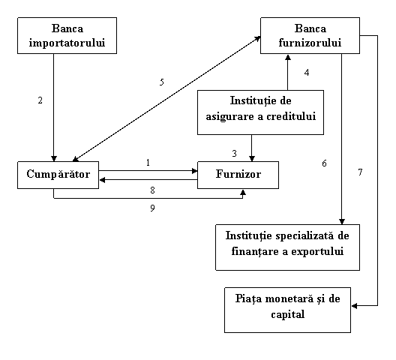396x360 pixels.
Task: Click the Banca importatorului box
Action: click(x=67, y=35)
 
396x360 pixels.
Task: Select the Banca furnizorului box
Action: click(x=310, y=35)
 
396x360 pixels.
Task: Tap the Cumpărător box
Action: click(x=58, y=175)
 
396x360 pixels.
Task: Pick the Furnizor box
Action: click(x=238, y=175)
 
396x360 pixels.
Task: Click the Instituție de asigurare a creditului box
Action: click(x=261, y=112)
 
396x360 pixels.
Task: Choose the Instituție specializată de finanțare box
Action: click(x=288, y=247)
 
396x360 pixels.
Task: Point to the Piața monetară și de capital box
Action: click(x=288, y=310)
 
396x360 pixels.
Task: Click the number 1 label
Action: click(x=148, y=163)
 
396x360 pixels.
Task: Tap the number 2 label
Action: click(x=40, y=100)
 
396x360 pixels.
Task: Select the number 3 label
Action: click(x=234, y=153)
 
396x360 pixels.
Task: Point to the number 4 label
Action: click(x=307, y=73)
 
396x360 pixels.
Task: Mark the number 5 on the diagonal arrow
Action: click(x=162, y=82)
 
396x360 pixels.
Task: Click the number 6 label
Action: click(x=325, y=163)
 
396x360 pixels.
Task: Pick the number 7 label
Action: click(x=361, y=172)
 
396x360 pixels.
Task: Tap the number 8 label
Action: click(x=152, y=190)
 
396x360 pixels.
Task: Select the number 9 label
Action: click(x=152, y=208)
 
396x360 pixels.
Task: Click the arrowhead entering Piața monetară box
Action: click(x=354, y=306)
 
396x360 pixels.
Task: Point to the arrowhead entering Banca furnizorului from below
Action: click(x=288, y=57)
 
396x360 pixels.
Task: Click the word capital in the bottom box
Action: click(x=288, y=315)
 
